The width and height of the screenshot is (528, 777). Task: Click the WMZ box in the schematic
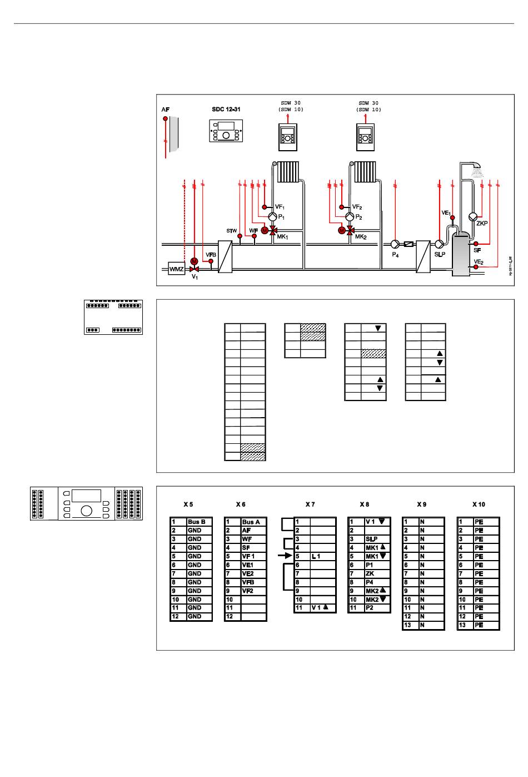[176, 269]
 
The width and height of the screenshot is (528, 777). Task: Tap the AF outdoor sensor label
[165, 110]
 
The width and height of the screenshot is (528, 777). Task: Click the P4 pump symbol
[395, 244]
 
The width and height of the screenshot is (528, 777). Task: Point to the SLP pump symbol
[439, 244]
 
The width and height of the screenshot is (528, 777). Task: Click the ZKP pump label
[481, 224]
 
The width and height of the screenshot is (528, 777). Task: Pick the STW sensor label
[231, 230]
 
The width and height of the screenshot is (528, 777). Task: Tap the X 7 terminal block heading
[310, 504]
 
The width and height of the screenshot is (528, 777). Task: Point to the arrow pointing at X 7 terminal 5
[285, 556]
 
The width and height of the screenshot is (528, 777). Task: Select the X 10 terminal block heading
[479, 504]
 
